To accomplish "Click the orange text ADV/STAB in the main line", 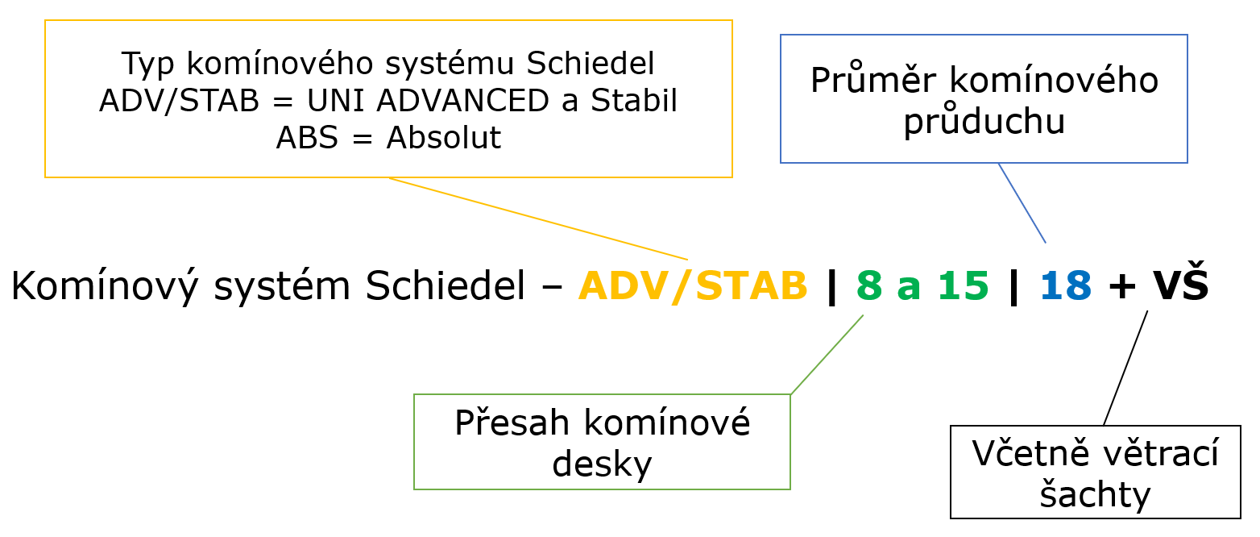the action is point(693,286).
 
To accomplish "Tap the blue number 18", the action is point(1066,285).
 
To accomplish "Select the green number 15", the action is point(964,285).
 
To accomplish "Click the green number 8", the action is point(869,285).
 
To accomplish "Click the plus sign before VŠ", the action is point(1122,286).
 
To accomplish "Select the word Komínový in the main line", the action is point(105,286).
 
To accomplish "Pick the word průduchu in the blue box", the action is point(984,120).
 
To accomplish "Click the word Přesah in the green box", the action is point(512,423).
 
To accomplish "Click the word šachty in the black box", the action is point(1095,495).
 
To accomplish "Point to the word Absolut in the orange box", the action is point(444,137).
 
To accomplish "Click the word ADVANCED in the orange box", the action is point(463,100).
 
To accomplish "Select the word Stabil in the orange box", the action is point(634,100).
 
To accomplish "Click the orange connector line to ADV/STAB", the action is point(538,219).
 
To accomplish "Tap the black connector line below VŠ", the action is point(1125,368).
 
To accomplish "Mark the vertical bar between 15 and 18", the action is point(1014,287).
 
